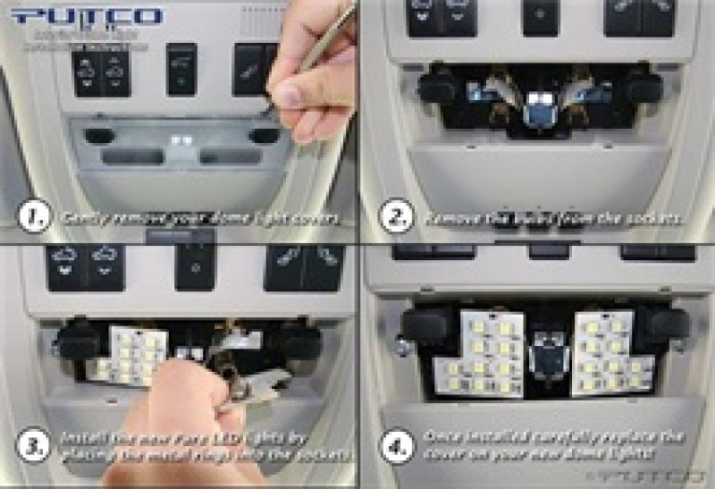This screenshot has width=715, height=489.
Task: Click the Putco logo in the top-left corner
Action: point(88,16)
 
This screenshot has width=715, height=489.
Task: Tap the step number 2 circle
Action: point(394,215)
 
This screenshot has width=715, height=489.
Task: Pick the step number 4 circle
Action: point(394,447)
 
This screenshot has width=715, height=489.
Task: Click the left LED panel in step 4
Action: point(478,354)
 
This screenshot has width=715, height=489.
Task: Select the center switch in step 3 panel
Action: point(195,266)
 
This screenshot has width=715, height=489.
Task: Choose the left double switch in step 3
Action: point(87,266)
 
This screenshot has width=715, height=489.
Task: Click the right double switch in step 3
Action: point(304,266)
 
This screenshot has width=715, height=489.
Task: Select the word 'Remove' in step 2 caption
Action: point(448,216)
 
